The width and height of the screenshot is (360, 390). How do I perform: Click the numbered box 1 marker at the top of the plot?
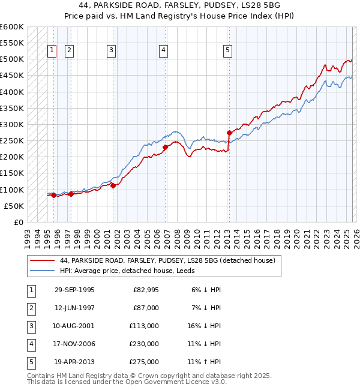(x=52, y=51)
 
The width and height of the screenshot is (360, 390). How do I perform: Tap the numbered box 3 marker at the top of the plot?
(x=112, y=51)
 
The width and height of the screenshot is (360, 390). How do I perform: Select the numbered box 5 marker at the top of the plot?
(x=228, y=51)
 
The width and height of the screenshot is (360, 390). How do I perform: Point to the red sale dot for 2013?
(x=229, y=133)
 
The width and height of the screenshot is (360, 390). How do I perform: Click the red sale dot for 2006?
(x=165, y=147)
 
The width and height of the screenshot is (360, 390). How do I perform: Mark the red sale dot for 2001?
(x=113, y=185)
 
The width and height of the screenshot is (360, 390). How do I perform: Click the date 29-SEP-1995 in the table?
(x=74, y=290)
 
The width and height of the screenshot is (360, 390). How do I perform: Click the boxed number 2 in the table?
(x=31, y=308)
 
